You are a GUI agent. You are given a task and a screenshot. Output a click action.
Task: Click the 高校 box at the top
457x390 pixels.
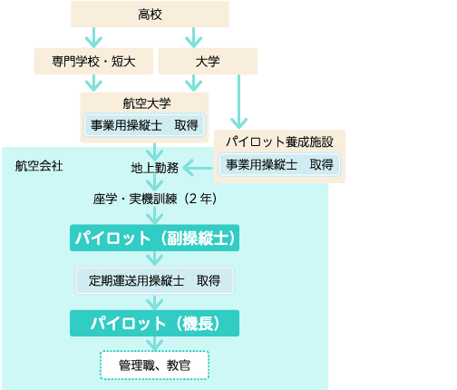click(150, 15)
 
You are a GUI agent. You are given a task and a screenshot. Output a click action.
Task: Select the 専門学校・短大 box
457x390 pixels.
click(93, 61)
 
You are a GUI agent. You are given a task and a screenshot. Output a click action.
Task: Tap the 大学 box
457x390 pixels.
click(208, 61)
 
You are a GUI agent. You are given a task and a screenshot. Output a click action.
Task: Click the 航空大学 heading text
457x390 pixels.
click(147, 103)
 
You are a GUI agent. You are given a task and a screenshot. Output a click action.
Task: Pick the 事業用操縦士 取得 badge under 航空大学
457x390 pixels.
click(144, 125)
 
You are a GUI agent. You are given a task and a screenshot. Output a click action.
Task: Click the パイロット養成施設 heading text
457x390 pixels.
click(279, 141)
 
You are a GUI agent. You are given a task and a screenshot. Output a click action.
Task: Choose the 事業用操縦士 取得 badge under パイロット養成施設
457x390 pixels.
click(279, 164)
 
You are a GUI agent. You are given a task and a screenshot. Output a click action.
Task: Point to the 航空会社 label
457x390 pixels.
click(39, 166)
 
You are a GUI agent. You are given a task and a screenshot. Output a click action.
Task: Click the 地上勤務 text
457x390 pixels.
click(155, 168)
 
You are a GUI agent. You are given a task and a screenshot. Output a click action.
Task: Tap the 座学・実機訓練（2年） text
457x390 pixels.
click(155, 199)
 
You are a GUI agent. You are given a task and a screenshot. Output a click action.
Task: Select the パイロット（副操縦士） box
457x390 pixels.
click(154, 238)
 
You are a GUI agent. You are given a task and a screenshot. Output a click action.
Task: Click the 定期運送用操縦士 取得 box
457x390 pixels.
click(154, 280)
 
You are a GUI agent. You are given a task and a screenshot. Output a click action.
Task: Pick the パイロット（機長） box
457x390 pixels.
click(154, 323)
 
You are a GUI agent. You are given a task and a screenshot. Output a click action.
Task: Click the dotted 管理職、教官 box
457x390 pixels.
click(154, 366)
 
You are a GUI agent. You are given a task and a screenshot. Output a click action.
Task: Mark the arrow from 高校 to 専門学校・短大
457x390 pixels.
click(93, 37)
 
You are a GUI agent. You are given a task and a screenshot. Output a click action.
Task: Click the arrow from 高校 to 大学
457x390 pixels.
click(193, 37)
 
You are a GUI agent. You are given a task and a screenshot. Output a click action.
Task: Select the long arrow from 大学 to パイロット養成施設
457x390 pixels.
click(238, 102)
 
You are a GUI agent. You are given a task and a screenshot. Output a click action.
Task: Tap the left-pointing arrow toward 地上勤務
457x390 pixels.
click(198, 168)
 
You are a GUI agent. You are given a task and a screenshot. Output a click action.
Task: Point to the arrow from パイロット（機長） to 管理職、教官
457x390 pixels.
click(155, 344)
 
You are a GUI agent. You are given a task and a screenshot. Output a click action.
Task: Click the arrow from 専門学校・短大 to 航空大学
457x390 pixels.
click(93, 83)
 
